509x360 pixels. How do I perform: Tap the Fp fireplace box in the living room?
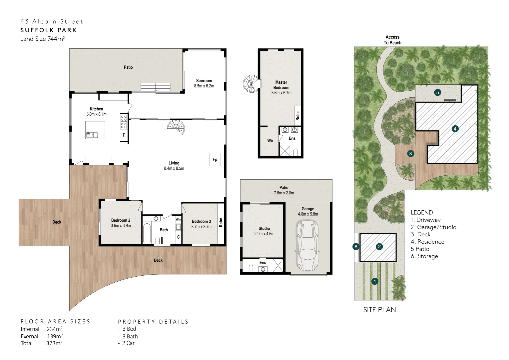coord(215,160)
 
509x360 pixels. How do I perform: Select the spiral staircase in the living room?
coord(176,127)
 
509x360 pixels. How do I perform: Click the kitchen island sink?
coord(92,135)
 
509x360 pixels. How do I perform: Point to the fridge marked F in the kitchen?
coord(124,135)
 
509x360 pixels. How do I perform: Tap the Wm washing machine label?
coord(178,219)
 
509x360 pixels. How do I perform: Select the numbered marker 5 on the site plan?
coord(438,92)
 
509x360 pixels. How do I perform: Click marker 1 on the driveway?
coord(375,281)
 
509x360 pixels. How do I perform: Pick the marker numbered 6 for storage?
coord(356,247)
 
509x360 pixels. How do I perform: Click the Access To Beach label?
coord(392,40)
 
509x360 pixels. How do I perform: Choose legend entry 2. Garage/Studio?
coord(433,227)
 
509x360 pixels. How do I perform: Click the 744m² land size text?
coord(56,39)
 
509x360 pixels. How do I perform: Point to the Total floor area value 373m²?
coord(54,343)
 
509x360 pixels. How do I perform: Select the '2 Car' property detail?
coord(128,343)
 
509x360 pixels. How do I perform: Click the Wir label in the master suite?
coord(270,141)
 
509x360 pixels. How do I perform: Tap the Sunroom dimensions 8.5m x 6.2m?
coord(204,86)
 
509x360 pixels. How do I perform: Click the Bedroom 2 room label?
coord(121,220)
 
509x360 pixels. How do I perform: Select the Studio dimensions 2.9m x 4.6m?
coord(264,234)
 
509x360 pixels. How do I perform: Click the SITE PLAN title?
coord(379,310)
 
